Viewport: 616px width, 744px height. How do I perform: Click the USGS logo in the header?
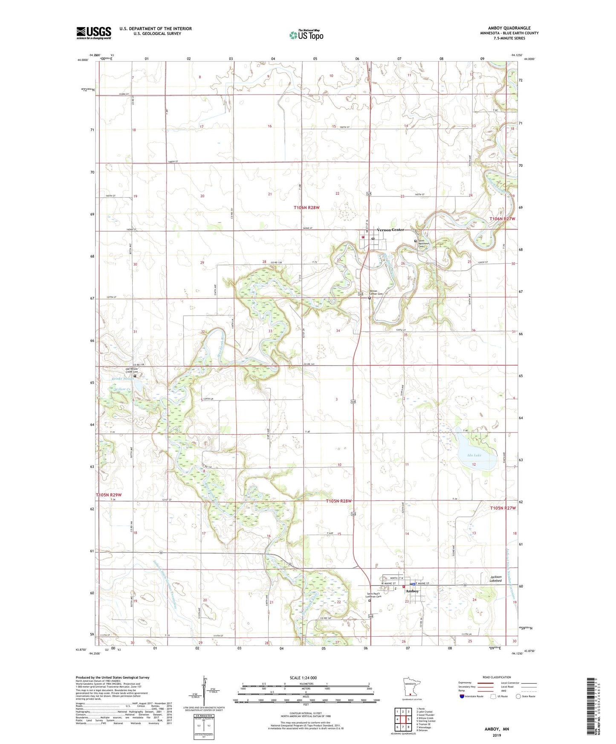click(94, 33)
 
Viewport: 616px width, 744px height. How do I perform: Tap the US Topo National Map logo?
click(306, 35)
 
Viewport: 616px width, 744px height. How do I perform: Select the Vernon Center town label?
click(390, 230)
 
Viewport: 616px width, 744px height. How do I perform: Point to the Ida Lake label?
click(474, 455)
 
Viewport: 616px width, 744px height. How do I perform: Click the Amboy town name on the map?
click(412, 591)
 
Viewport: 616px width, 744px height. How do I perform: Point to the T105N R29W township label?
click(109, 495)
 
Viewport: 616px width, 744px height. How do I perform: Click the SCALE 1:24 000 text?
click(303, 678)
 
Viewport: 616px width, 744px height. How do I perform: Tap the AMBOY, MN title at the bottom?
click(497, 729)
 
